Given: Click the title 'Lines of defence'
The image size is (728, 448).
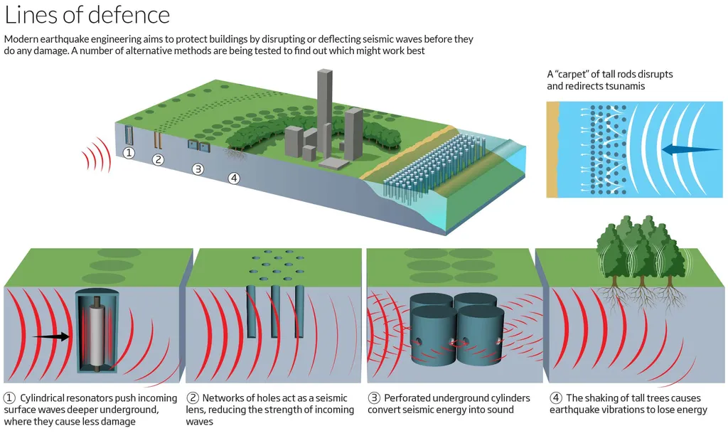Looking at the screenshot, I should [x=87, y=15].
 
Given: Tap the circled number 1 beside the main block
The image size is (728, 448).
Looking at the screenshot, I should [x=129, y=153].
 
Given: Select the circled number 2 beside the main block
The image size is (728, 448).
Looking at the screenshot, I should [x=159, y=160].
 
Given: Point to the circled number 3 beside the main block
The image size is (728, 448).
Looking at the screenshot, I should [x=198, y=169].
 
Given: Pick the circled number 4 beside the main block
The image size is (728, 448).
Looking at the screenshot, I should [x=234, y=178].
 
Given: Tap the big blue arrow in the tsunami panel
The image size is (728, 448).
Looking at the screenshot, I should [x=685, y=149].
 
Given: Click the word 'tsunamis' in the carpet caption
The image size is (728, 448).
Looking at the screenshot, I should [x=624, y=86].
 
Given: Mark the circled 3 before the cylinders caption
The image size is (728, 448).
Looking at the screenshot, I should [x=373, y=398].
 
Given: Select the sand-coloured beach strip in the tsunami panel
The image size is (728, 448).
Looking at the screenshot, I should [x=552, y=149].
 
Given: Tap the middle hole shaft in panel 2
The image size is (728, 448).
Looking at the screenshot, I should [x=275, y=311].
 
